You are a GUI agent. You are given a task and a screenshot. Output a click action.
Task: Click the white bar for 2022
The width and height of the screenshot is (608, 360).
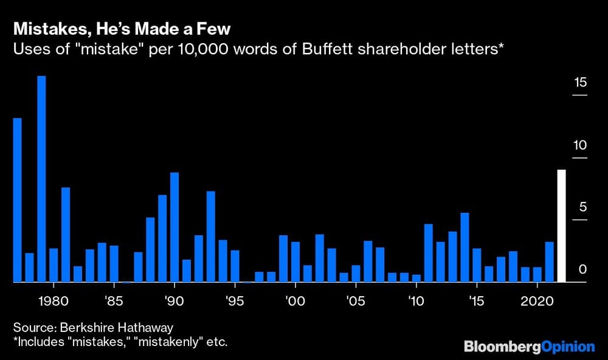click(x=561, y=226)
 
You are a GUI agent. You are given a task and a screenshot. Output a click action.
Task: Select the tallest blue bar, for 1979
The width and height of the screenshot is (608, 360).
click(x=41, y=179)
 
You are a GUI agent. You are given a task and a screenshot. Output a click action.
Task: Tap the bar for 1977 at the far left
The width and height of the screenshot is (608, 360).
click(x=17, y=200)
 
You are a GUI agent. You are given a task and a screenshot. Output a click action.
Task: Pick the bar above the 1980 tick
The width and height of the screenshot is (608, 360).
click(x=54, y=265)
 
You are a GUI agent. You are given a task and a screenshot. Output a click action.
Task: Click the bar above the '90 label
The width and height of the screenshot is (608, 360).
click(x=174, y=227)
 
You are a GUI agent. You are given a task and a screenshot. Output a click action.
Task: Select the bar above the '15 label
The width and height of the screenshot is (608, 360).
click(x=477, y=265)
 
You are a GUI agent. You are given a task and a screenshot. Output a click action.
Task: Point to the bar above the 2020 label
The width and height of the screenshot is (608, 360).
click(x=537, y=274)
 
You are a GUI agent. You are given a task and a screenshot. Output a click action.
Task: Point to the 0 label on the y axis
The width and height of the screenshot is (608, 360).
click(x=582, y=269)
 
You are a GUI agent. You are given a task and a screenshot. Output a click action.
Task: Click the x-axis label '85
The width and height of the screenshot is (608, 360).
click(x=114, y=300)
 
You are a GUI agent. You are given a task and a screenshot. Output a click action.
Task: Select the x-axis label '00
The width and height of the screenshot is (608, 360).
click(x=295, y=300)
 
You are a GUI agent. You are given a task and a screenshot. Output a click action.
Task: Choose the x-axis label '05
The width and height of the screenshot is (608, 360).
click(x=356, y=300)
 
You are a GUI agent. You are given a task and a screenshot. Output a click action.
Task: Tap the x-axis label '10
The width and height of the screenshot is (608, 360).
click(x=416, y=300)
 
